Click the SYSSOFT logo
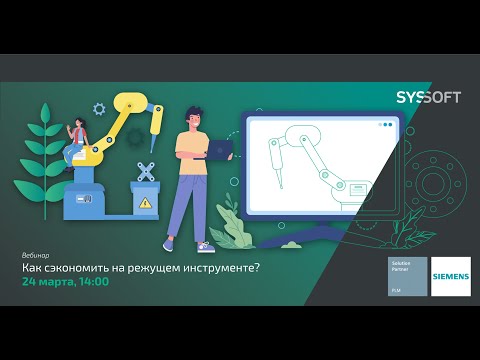point(429,96)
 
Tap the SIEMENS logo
point(450,277)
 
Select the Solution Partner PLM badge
point(407,277)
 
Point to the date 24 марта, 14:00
point(66,281)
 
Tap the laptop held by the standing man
point(220,150)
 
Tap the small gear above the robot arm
point(99,109)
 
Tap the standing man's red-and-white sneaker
point(205,246)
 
